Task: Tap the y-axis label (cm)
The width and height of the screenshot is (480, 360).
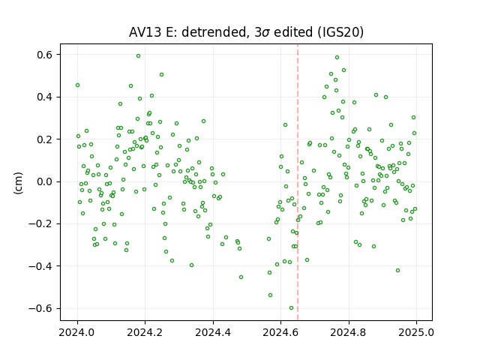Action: [18, 183]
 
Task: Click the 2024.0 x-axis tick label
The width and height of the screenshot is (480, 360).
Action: [77, 332]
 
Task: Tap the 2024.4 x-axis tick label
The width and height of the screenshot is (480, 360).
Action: [213, 332]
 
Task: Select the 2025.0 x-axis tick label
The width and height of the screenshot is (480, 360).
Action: [416, 332]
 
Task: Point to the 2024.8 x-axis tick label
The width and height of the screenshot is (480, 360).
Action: [348, 332]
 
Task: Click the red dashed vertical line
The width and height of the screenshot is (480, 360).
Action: [298, 182]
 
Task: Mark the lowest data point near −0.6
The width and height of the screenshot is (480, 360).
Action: [291, 308]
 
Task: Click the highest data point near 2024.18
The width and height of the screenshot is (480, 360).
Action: [138, 56]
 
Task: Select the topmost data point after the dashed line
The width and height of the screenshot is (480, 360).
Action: [337, 58]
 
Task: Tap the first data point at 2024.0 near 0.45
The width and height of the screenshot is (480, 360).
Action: [78, 85]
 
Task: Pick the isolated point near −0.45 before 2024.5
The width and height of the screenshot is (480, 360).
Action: [241, 277]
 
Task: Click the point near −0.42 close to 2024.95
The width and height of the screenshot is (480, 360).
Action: [397, 270]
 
